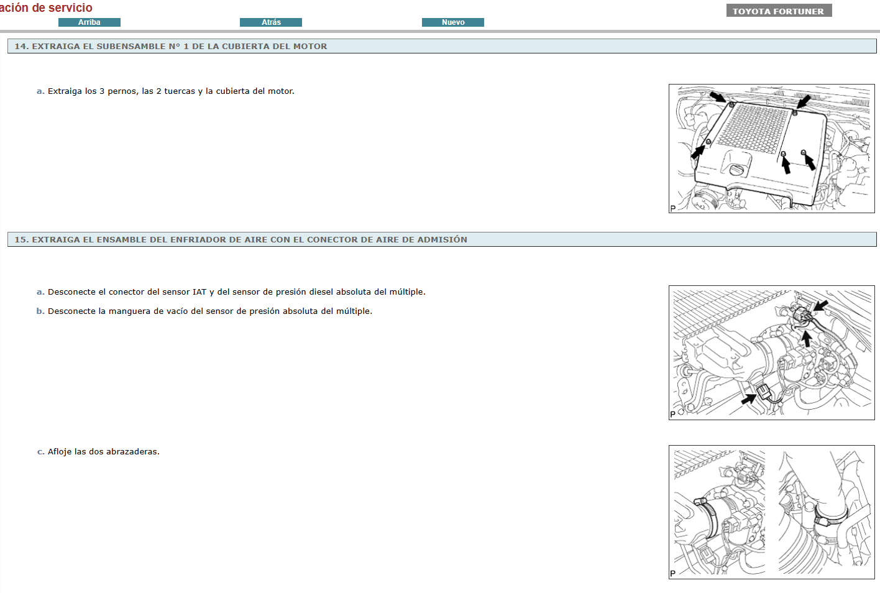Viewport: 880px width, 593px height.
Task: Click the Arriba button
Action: click(89, 22)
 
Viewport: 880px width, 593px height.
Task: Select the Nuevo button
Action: click(452, 22)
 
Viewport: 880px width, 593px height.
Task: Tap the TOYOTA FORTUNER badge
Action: click(779, 11)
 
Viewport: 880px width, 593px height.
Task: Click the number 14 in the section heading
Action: click(22, 47)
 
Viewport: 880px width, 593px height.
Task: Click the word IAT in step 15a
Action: click(199, 292)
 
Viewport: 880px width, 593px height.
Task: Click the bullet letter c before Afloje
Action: click(40, 452)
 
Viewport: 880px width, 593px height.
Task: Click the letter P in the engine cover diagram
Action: click(673, 208)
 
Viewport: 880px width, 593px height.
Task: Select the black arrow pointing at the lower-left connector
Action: click(749, 399)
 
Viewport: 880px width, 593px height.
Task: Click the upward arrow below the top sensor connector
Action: click(806, 339)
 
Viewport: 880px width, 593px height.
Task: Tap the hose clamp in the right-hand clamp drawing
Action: click(830, 517)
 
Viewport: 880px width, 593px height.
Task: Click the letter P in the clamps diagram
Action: click(673, 574)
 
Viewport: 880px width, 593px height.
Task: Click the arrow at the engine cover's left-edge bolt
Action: click(698, 152)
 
